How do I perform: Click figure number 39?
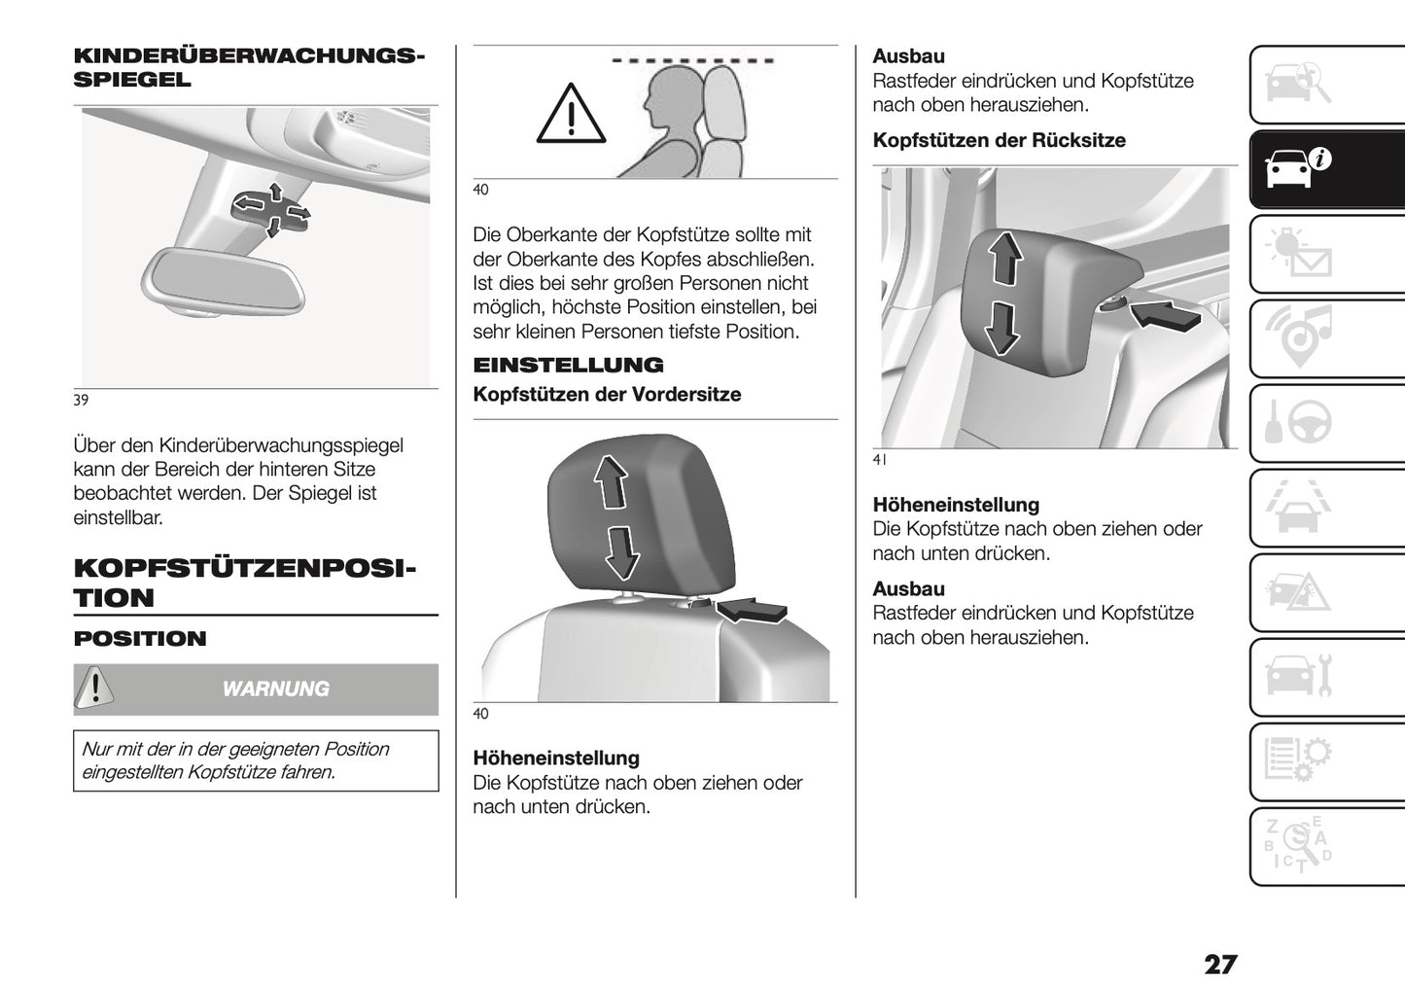click(x=81, y=400)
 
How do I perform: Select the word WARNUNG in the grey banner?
click(x=275, y=689)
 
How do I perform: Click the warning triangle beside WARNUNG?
click(x=94, y=688)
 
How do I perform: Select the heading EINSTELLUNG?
click(x=568, y=366)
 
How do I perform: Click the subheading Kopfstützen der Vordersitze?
click(x=606, y=395)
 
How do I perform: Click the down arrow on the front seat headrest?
click(x=621, y=551)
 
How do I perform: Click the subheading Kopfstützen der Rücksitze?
click(x=999, y=141)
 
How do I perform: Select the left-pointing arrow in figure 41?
click(x=1164, y=315)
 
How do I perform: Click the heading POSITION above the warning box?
click(x=140, y=639)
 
